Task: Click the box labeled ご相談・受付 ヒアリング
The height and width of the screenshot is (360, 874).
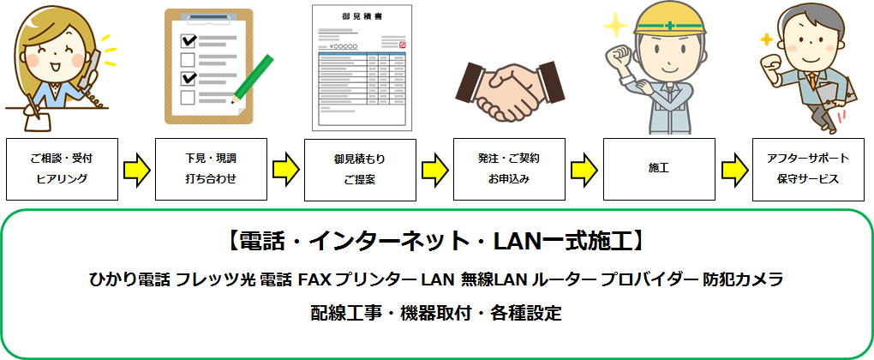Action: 61,169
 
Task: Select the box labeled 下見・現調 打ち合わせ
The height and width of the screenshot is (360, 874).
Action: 210,169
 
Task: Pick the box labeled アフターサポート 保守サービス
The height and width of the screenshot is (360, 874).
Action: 808,169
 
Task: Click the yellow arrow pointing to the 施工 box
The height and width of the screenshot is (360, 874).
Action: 584,169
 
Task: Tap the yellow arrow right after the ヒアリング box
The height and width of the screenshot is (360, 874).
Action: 135,169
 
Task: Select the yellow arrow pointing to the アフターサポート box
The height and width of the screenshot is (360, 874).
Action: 733,169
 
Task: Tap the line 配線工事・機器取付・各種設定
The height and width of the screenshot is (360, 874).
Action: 436,312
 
